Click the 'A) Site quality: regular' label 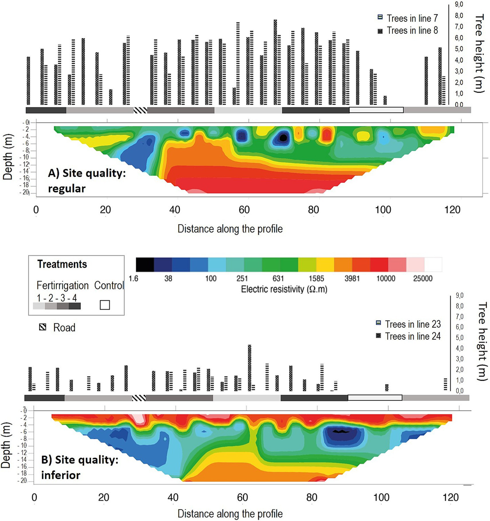(x=87, y=181)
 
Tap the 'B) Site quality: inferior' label (x=79, y=467)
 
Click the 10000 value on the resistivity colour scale (x=386, y=279)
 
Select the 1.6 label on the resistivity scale (x=133, y=279)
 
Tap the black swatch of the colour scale (x=145, y=265)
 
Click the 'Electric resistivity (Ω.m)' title (x=284, y=289)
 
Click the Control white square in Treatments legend (x=105, y=305)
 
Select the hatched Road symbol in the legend (x=42, y=327)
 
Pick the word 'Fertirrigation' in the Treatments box (x=63, y=285)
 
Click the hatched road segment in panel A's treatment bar (x=140, y=110)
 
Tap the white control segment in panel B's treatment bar (x=374, y=398)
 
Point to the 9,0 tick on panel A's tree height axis (x=459, y=4)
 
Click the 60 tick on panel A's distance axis (x=244, y=210)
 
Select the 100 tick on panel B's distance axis (x=381, y=497)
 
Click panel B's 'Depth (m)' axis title (x=6, y=445)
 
